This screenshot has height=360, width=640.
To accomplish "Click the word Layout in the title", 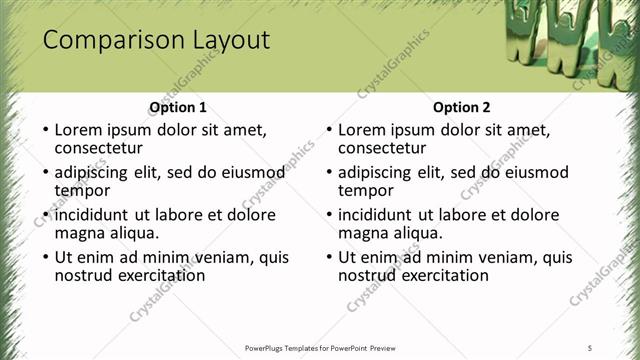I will coord(233,40).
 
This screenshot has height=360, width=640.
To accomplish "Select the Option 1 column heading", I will coord(178,107).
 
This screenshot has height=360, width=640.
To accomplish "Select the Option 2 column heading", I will coord(462,107).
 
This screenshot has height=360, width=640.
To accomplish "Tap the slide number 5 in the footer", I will coord(590,347).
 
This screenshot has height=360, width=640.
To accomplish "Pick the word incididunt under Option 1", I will coord(93,215).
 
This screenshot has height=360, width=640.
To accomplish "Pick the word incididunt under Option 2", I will coord(377,215).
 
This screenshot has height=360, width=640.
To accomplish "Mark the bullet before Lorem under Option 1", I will coord(45,130).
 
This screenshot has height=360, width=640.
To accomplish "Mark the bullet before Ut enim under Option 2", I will coord(329,257).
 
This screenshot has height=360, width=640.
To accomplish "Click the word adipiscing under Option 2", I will coord(375,172).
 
